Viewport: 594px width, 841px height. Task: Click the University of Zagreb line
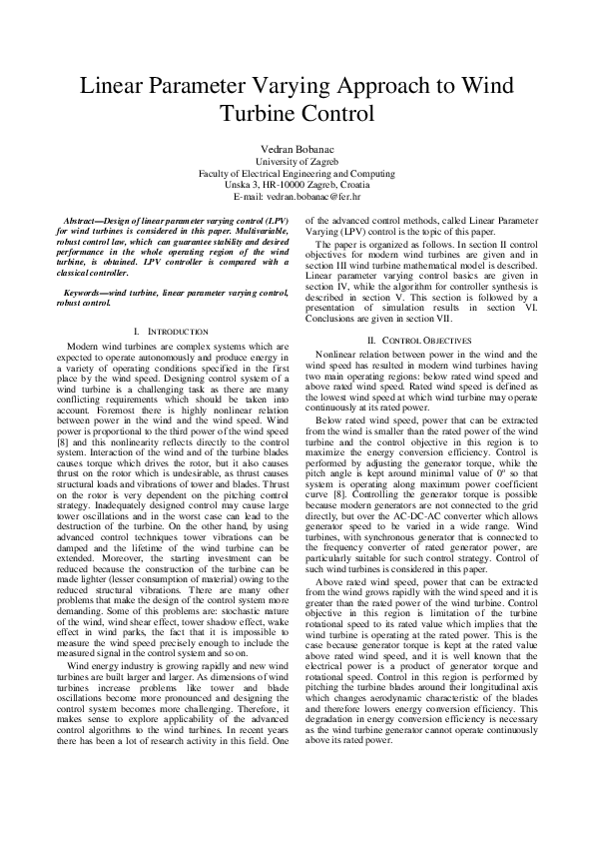point(297,161)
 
